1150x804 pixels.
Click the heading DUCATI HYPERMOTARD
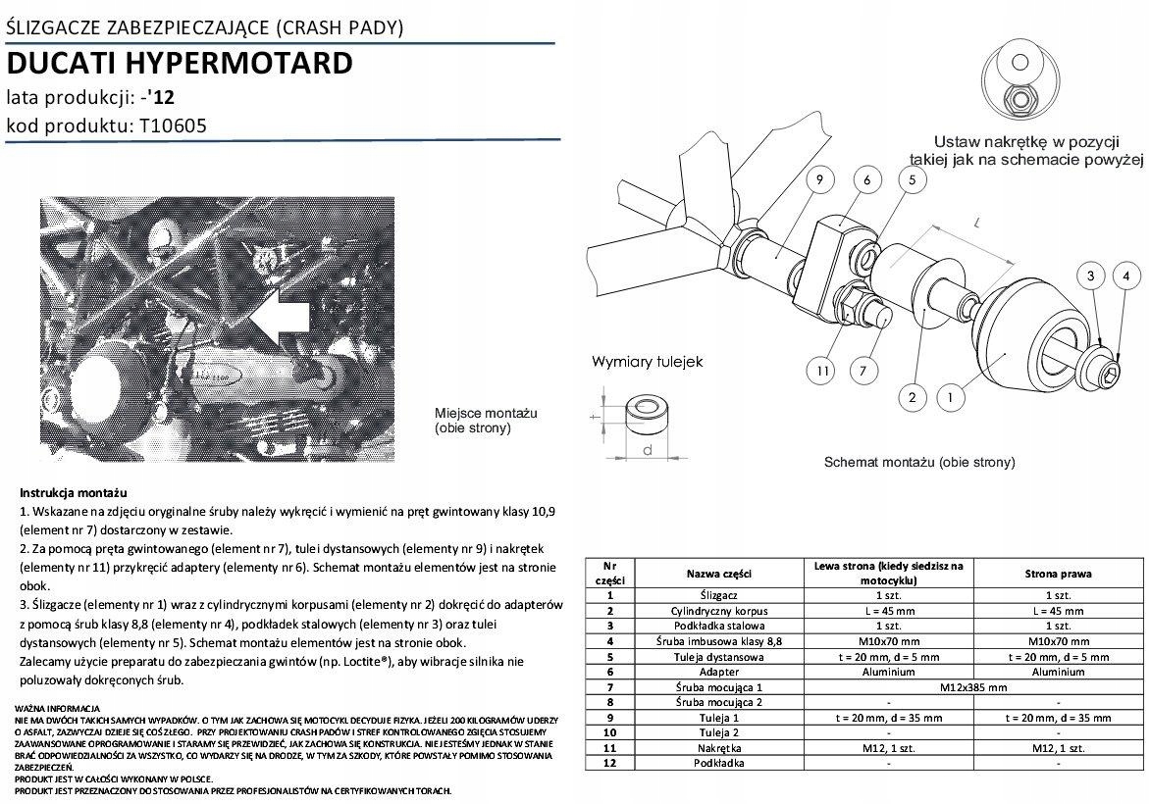click(180, 64)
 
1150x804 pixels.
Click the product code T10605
click(170, 126)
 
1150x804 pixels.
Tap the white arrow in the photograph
click(280, 316)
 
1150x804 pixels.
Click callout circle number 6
click(867, 179)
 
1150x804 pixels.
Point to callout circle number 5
click(912, 179)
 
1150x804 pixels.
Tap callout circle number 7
click(862, 371)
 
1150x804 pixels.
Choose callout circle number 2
click(913, 397)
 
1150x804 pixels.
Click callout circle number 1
click(950, 397)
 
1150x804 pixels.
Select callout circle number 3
click(1091, 276)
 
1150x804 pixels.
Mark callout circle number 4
click(1126, 276)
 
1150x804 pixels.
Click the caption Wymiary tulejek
click(647, 362)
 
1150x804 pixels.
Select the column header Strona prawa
click(1058, 574)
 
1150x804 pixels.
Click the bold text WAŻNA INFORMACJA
click(58, 708)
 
